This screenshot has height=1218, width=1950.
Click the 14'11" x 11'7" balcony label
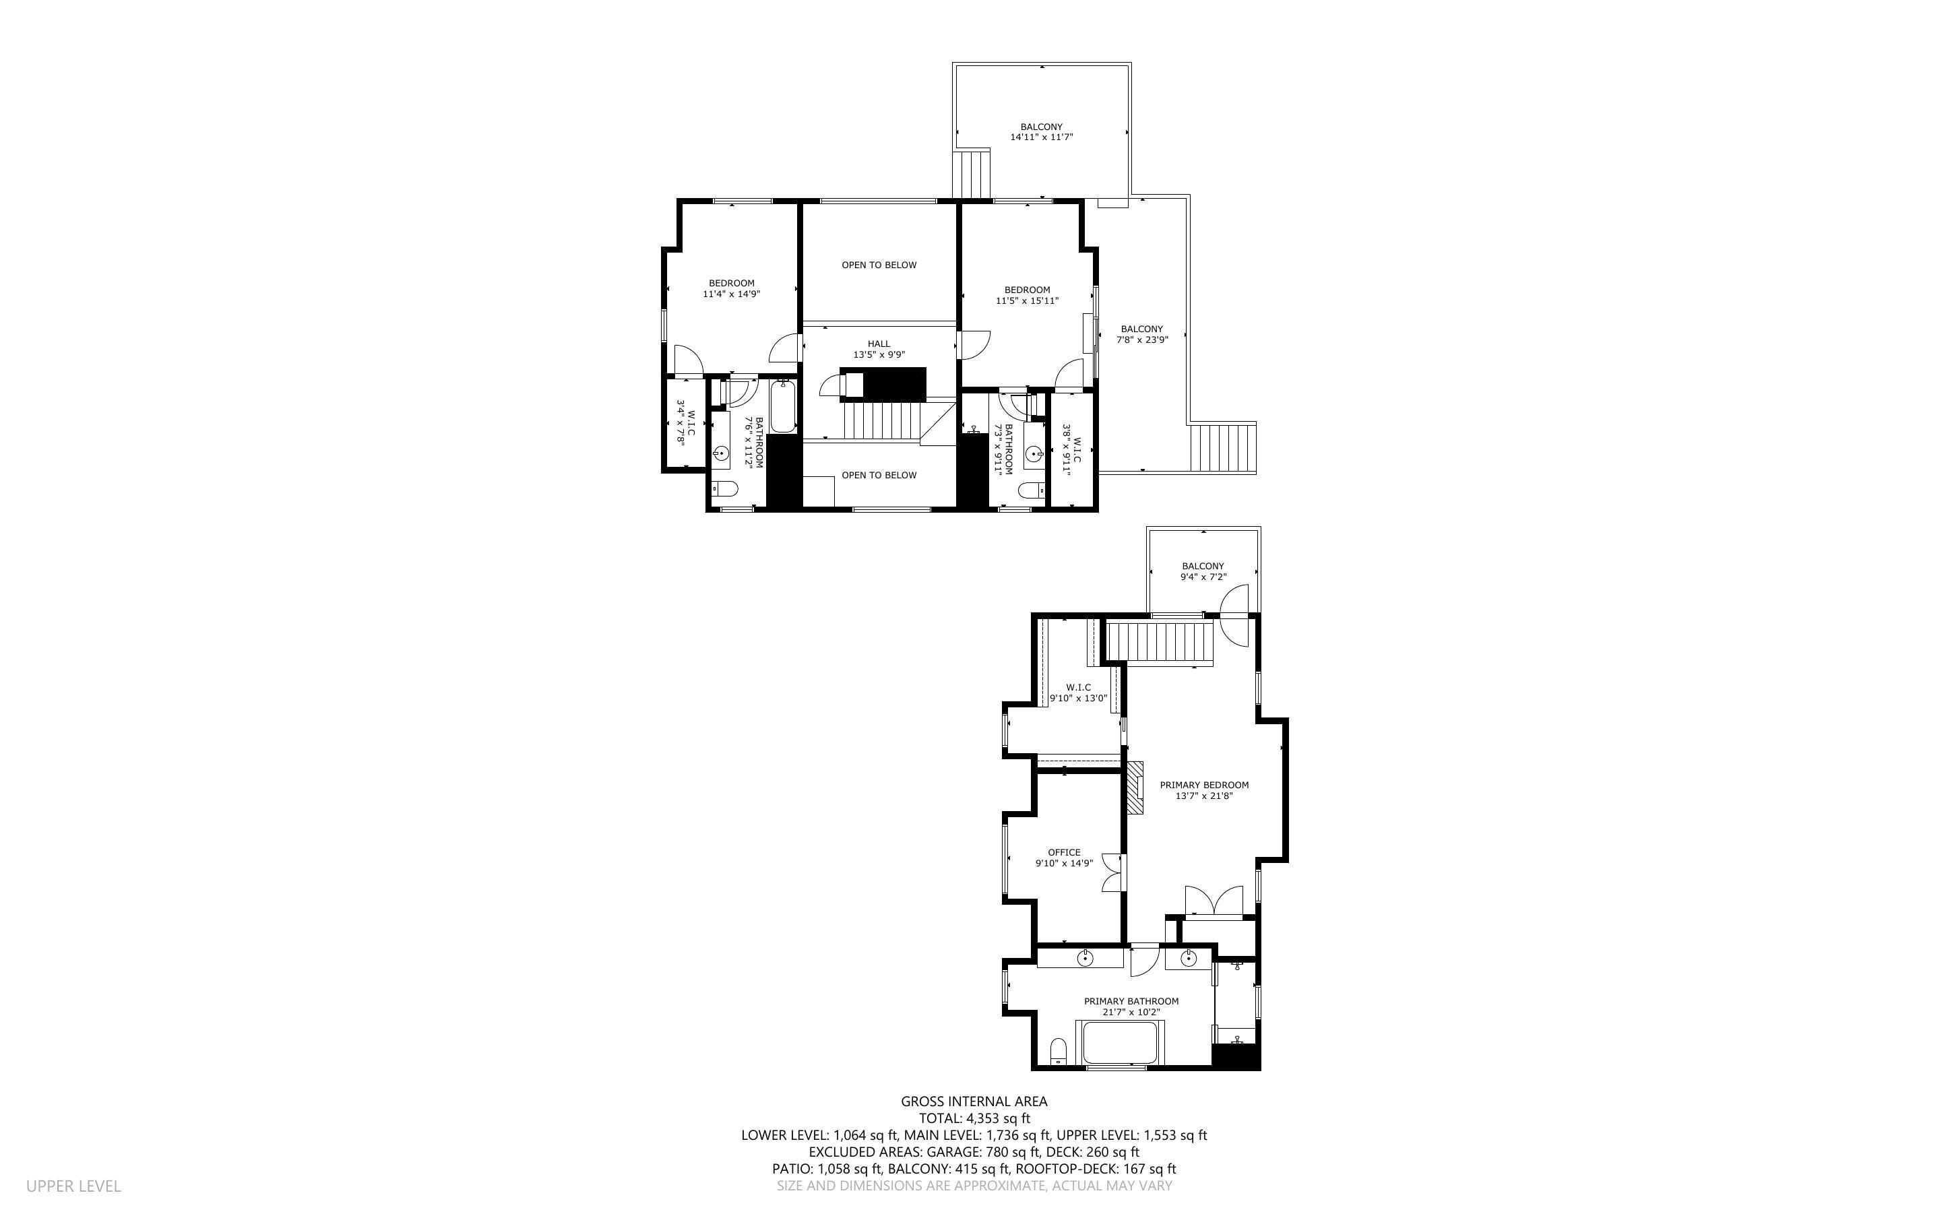click(x=1042, y=132)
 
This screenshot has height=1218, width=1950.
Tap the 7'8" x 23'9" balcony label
click(x=1141, y=334)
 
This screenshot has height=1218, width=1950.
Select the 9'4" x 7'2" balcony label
click(x=1203, y=571)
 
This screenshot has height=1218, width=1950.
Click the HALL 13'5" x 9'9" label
click(x=879, y=349)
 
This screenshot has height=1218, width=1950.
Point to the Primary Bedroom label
click(x=1203, y=790)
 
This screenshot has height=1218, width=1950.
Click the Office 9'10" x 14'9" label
click(x=1063, y=858)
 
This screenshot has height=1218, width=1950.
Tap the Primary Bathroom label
click(x=1131, y=1006)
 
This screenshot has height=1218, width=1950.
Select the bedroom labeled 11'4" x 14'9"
click(x=731, y=288)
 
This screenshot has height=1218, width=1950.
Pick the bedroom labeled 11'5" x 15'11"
click(x=1027, y=295)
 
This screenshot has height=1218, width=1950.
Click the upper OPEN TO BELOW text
click(x=879, y=265)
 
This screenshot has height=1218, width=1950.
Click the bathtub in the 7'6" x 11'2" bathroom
click(x=783, y=408)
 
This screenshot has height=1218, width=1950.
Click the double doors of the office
click(x=1113, y=872)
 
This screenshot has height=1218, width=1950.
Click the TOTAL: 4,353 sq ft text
click(x=974, y=1118)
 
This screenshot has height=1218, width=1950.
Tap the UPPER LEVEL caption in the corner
click(x=73, y=1186)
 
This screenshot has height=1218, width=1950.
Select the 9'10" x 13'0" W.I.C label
click(x=1077, y=693)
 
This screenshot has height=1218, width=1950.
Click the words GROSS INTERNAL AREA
click(x=974, y=1101)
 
